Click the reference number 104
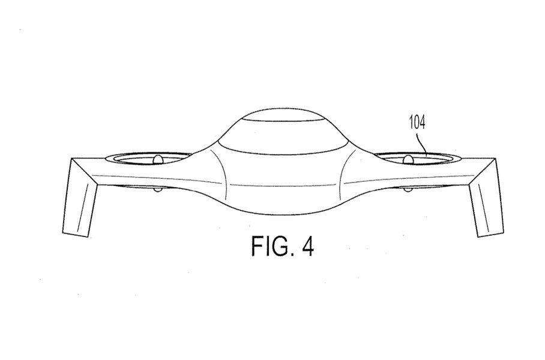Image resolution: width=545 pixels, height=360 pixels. (x=417, y=122)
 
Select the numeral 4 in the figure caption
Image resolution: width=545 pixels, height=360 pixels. (x=308, y=247)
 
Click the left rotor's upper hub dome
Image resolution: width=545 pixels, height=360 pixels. (x=158, y=160)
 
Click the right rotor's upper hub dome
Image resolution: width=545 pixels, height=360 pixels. (x=408, y=160)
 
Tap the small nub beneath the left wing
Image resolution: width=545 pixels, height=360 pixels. (x=158, y=190)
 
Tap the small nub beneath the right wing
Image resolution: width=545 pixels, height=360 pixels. (x=408, y=190)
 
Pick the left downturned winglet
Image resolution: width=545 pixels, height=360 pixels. (x=80, y=198)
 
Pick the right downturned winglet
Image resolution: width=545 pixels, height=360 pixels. (x=486, y=198)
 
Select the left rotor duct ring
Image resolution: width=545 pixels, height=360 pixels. (x=148, y=159)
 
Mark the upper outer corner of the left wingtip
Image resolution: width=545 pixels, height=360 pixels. (x=71, y=159)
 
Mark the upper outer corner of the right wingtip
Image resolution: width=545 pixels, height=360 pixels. (x=495, y=159)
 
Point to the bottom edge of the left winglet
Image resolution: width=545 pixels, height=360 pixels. (x=76, y=235)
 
